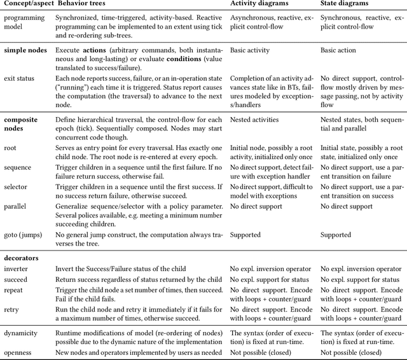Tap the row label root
coord(11,145)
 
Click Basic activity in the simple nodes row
coord(251,49)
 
